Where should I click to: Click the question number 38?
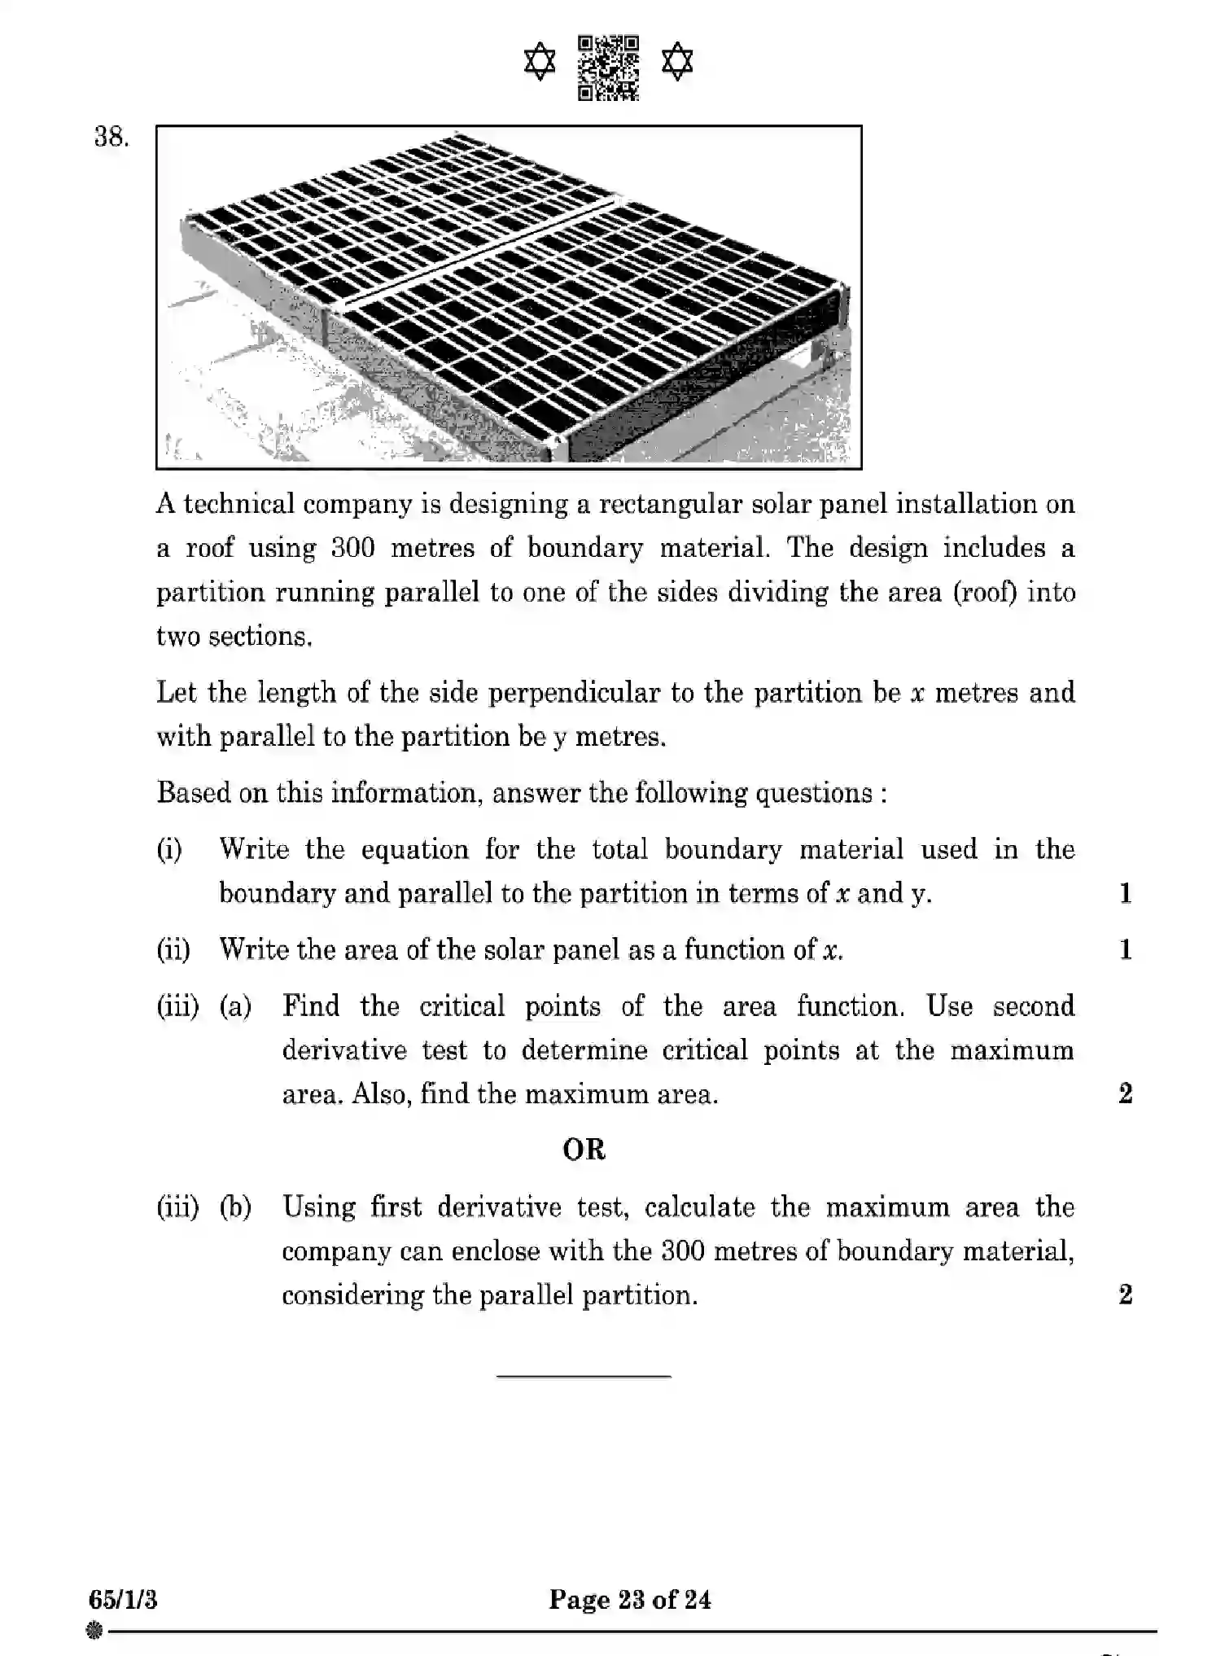[x=112, y=137]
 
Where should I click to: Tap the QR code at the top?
[x=608, y=68]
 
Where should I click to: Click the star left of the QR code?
[x=540, y=63]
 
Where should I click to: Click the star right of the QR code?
[x=677, y=63]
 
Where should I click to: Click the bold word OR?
[x=584, y=1150]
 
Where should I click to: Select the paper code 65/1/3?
[x=123, y=1600]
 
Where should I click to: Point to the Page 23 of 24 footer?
[x=629, y=1600]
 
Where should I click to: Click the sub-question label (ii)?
[x=173, y=950]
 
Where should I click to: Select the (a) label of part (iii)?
[x=235, y=1007]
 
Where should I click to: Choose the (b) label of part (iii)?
[x=235, y=1207]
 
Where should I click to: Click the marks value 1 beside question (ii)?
[x=1125, y=950]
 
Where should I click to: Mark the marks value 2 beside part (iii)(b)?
[x=1125, y=1295]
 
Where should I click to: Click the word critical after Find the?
[x=462, y=1007]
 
